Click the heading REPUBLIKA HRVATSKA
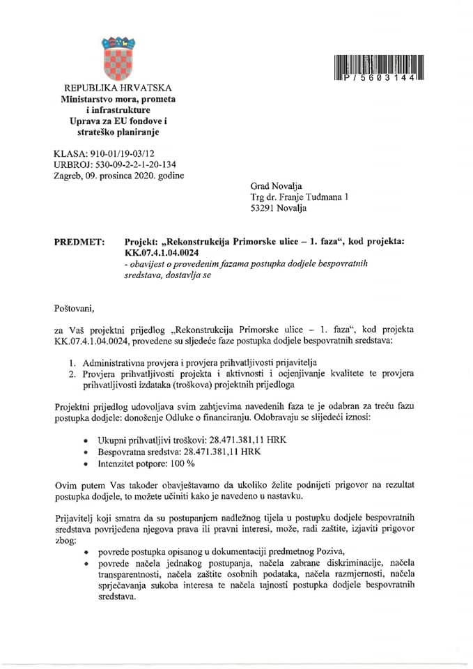pos(117,89)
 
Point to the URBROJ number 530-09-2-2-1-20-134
pos(131,164)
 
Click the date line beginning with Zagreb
pos(118,176)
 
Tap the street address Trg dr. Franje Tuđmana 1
pos(300,197)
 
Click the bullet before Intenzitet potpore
pos(85,463)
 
